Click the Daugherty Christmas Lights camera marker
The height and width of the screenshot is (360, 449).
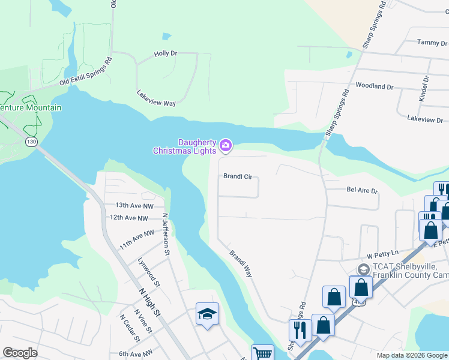[x=226, y=145]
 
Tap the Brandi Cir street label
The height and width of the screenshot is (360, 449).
[x=237, y=177]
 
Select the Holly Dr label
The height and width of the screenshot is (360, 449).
[x=166, y=53]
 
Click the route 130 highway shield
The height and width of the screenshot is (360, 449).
[x=32, y=142]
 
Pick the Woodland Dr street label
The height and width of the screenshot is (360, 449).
[x=374, y=86]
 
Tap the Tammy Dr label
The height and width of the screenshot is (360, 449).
[x=432, y=43]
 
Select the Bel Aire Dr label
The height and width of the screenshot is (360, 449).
[x=362, y=190]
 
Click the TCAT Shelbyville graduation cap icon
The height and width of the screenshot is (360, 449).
[x=363, y=269]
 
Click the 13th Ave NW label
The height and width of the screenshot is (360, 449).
[x=130, y=205]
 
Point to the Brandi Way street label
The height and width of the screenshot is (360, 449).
[x=240, y=263]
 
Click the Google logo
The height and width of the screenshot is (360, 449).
[x=20, y=353]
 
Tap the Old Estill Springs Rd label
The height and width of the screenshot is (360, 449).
[x=86, y=73]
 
